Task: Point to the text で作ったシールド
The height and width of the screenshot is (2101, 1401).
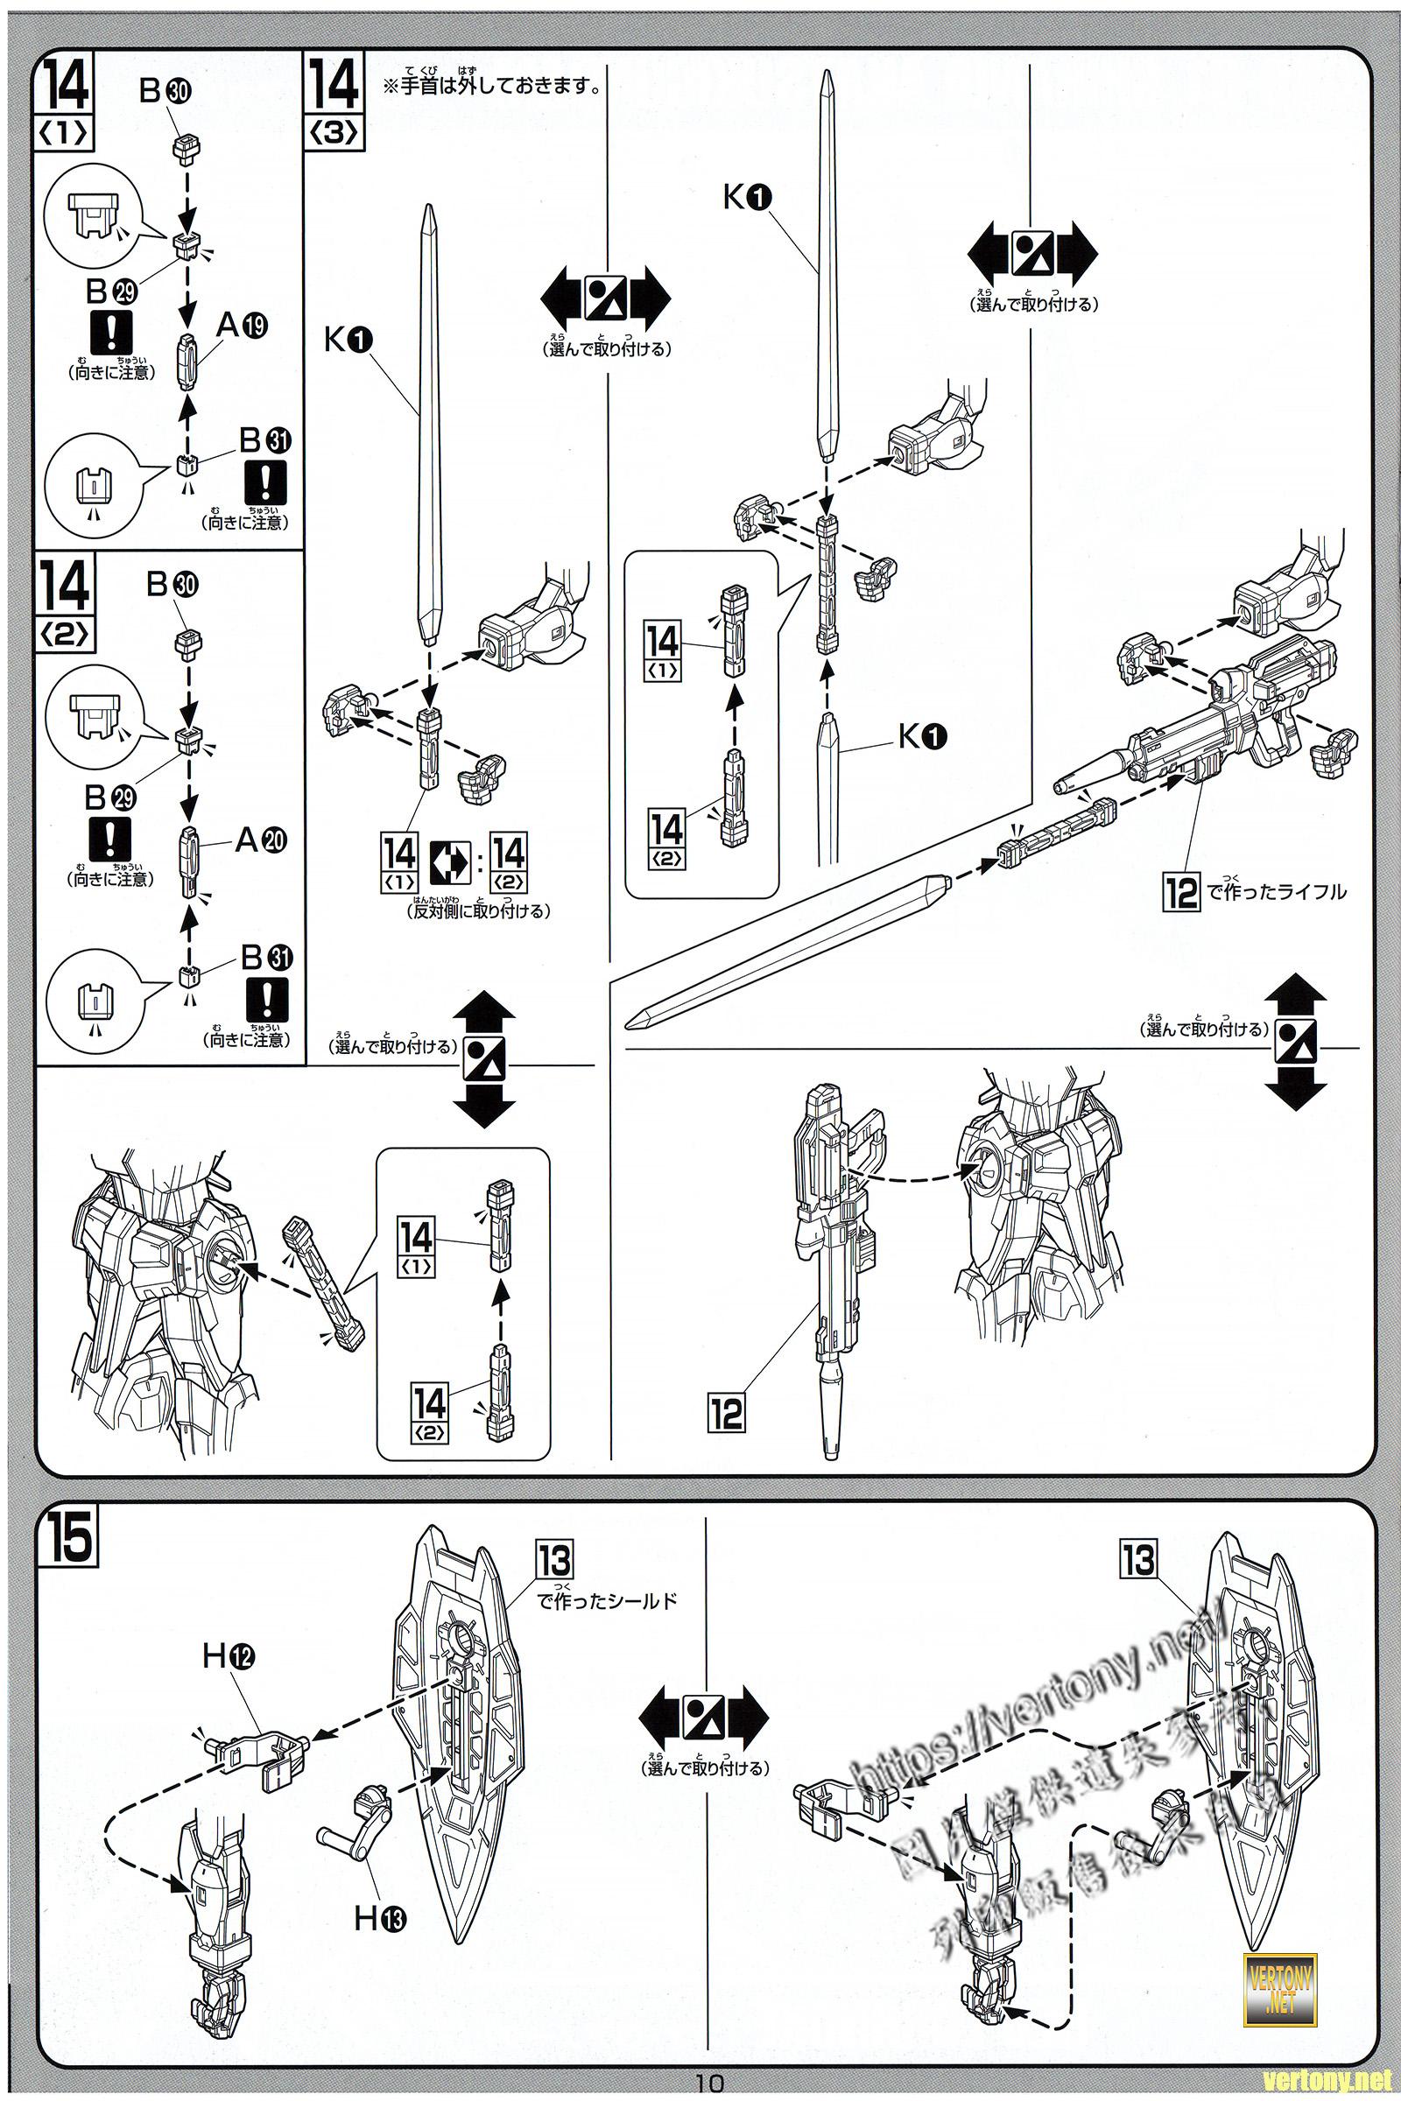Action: (607, 1600)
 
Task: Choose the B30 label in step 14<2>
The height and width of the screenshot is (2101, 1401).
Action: (172, 584)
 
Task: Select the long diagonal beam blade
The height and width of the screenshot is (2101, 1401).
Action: (786, 947)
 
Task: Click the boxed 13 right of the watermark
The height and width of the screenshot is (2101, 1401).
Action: (1138, 1560)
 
